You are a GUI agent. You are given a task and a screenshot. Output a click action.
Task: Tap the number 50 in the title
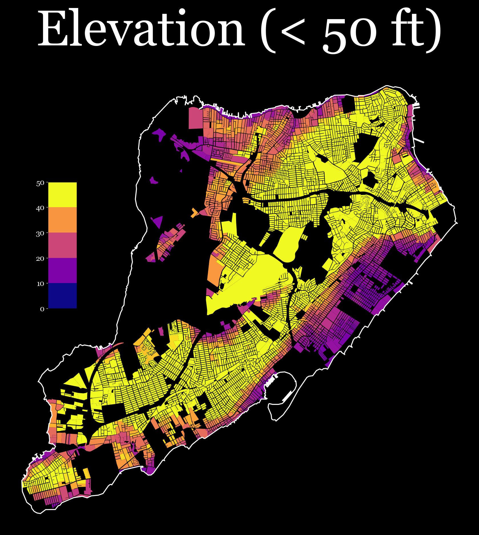click(x=354, y=34)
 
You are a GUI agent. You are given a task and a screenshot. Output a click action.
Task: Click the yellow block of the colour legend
click(x=62, y=195)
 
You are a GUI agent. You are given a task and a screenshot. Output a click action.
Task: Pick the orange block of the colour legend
click(x=62, y=220)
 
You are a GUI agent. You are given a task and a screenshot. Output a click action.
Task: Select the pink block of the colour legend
click(x=62, y=245)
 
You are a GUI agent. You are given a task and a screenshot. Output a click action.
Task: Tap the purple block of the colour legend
click(x=62, y=270)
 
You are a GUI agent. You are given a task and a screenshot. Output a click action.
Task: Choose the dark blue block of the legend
click(x=62, y=296)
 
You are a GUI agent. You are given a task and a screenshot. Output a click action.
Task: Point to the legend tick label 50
click(x=40, y=183)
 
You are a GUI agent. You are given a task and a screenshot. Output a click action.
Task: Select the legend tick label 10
click(x=40, y=284)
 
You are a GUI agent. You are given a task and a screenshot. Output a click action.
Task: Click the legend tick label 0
click(x=42, y=309)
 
